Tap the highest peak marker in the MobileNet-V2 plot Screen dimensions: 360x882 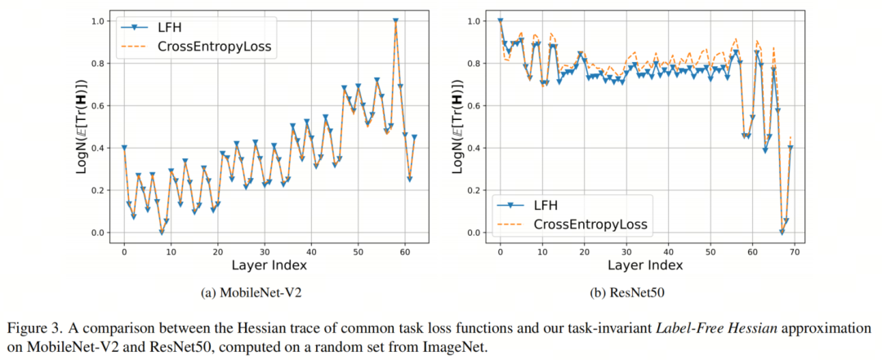coord(396,21)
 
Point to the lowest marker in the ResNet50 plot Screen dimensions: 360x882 coord(782,232)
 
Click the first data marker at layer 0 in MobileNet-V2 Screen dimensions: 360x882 coord(124,148)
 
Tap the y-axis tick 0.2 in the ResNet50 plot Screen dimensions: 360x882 coord(472,190)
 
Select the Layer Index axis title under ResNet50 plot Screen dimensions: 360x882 coord(646,267)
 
